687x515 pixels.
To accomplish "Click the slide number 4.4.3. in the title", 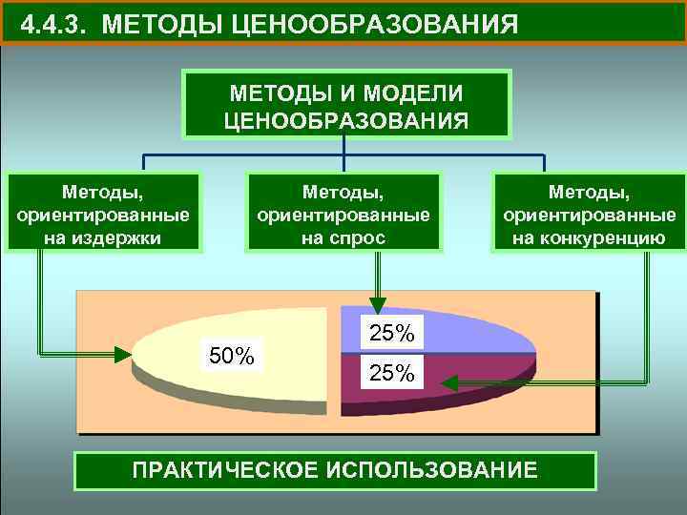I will pos(55,24).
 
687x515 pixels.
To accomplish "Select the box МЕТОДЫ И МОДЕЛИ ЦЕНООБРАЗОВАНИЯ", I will pos(346,105).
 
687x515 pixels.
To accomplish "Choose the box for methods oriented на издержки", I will pos(103,212).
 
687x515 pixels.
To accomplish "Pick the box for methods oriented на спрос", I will pos(343,212).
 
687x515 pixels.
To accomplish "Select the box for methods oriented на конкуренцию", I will pos(589,212).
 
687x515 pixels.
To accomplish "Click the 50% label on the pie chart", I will pos(232,357).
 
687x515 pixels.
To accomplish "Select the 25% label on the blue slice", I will pos(392,333).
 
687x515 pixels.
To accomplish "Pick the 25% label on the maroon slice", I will pos(392,373).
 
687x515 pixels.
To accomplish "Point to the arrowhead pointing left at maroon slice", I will pos(449,383).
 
